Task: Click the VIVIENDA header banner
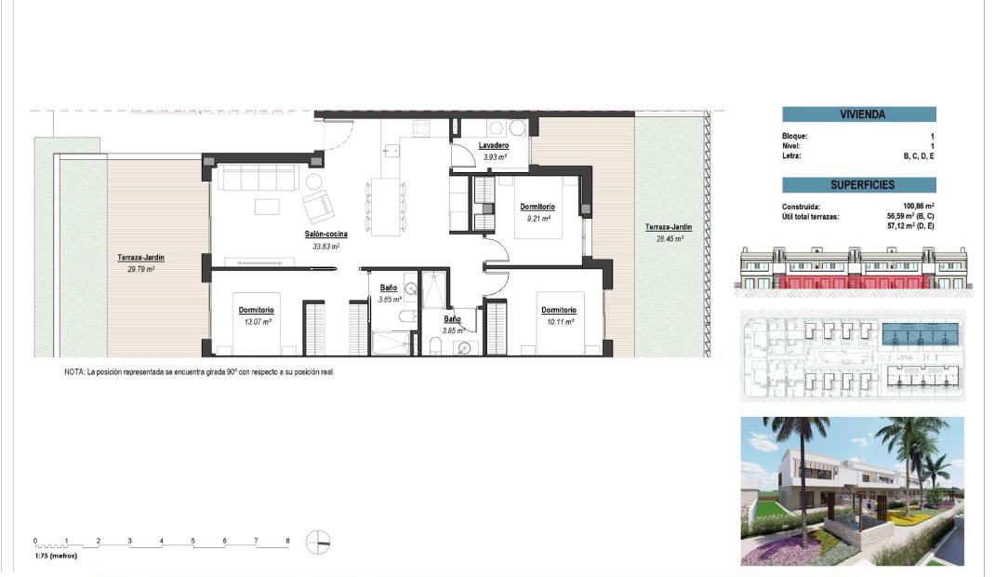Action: tap(858, 115)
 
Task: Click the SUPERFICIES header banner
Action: tap(858, 185)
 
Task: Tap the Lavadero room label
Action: tap(493, 146)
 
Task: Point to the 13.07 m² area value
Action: tap(256, 322)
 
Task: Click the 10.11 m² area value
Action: tap(559, 322)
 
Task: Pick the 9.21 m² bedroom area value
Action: tap(537, 219)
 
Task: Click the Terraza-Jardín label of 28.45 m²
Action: tap(669, 227)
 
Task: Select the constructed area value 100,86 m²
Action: tap(917, 207)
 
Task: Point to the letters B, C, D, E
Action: tap(918, 156)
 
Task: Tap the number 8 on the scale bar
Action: tap(287, 541)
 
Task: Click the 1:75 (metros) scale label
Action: tap(56, 556)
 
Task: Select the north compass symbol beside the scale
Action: tap(318, 542)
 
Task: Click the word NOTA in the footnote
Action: tap(74, 371)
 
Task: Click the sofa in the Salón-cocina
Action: tap(259, 178)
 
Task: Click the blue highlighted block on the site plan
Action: tap(922, 332)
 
